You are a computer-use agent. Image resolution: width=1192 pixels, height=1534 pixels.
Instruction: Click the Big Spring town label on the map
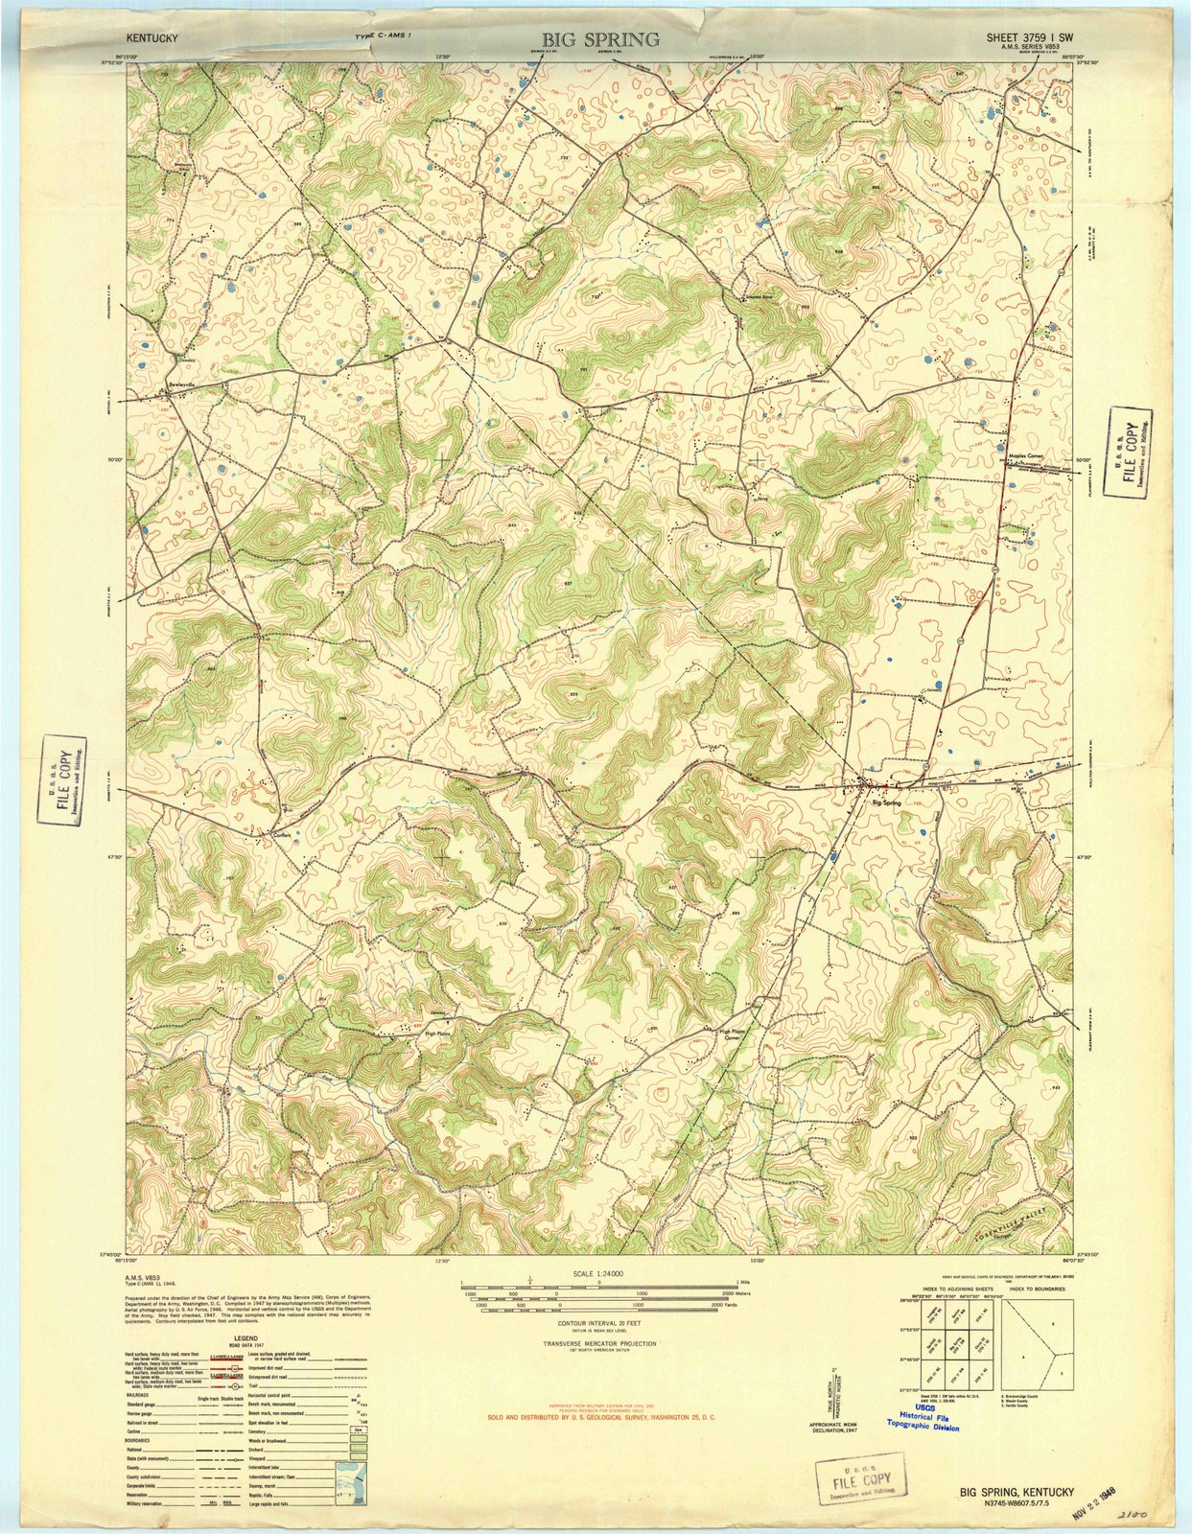886,802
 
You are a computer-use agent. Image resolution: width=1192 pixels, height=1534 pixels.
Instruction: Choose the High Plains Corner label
734,1034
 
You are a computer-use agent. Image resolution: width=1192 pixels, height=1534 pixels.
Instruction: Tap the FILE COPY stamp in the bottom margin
861,1457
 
